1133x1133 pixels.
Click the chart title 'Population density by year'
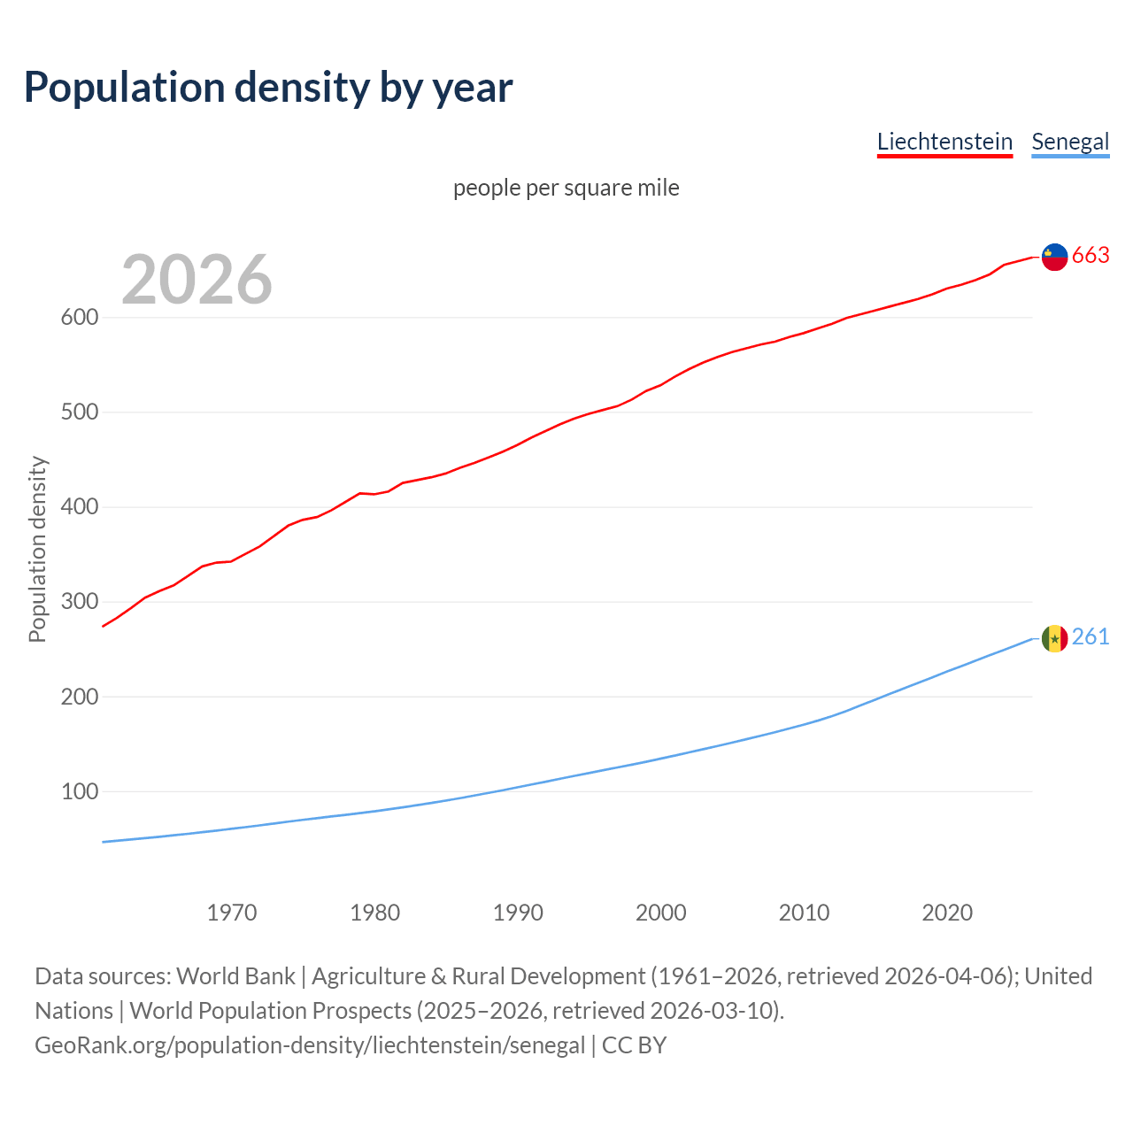[268, 88]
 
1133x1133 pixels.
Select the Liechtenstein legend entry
[944, 142]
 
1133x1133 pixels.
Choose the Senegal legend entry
[1070, 142]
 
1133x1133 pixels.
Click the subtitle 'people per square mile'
[566, 188]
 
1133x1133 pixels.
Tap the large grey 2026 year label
[197, 280]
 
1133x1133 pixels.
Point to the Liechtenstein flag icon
[1054, 257]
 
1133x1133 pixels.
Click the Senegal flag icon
[1054, 638]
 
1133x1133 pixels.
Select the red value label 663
[1091, 256]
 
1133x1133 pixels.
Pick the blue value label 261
[1091, 637]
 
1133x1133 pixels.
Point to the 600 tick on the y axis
[79, 318]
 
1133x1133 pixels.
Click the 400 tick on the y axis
[79, 507]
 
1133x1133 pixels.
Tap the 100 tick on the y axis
[79, 792]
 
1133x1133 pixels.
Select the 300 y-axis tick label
[79, 602]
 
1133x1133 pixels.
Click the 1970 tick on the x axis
[232, 913]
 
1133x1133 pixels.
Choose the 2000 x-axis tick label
[661, 913]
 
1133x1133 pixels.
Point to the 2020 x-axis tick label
[947, 913]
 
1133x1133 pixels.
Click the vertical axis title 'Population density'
[37, 549]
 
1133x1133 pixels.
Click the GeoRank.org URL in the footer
[310, 1045]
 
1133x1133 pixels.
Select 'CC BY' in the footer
[634, 1045]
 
